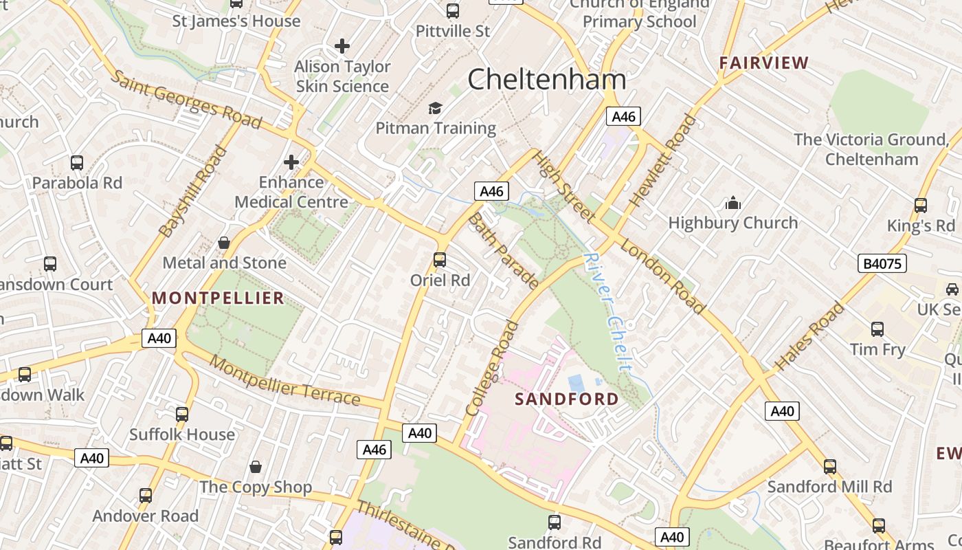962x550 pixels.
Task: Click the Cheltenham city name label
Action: click(x=547, y=80)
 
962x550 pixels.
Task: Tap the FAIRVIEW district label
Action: click(x=763, y=63)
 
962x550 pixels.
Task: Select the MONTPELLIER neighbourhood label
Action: click(x=218, y=298)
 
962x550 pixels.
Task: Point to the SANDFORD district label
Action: click(x=567, y=399)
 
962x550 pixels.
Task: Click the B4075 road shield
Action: click(x=882, y=263)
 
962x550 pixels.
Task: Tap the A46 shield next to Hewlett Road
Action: click(x=623, y=116)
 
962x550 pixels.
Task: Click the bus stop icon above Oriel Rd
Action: click(x=440, y=260)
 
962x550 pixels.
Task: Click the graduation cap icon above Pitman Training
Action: click(x=435, y=108)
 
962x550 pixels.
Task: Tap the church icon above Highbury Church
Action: click(x=733, y=203)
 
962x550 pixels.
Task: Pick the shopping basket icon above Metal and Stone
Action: click(x=224, y=243)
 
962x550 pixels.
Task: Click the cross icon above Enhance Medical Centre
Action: click(x=291, y=162)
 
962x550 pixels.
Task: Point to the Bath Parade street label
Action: click(x=503, y=251)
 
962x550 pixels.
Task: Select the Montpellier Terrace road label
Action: click(x=284, y=380)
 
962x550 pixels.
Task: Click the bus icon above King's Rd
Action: click(x=921, y=205)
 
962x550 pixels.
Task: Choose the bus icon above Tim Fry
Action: click(x=877, y=329)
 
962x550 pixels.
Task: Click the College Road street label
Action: click(x=491, y=368)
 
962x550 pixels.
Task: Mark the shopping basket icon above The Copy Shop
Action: click(x=256, y=467)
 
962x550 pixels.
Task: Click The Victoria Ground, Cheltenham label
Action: click(x=871, y=149)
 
